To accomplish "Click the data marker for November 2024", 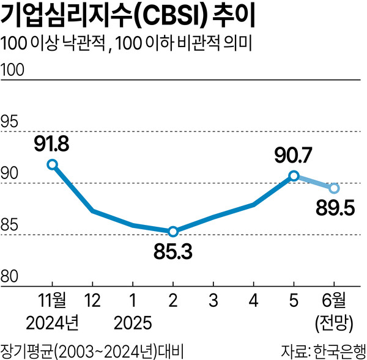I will [53, 164].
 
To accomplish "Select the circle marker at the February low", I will [173, 231].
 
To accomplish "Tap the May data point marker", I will [294, 175].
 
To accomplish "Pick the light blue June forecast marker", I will [334, 187].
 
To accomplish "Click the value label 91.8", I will [51, 144].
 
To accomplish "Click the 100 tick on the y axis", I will [13, 71].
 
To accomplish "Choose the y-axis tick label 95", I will [10, 123].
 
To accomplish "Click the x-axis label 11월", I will [51, 302].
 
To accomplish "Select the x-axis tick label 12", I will [92, 302].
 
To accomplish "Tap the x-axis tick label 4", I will [253, 302].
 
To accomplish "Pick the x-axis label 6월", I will [334, 302].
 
